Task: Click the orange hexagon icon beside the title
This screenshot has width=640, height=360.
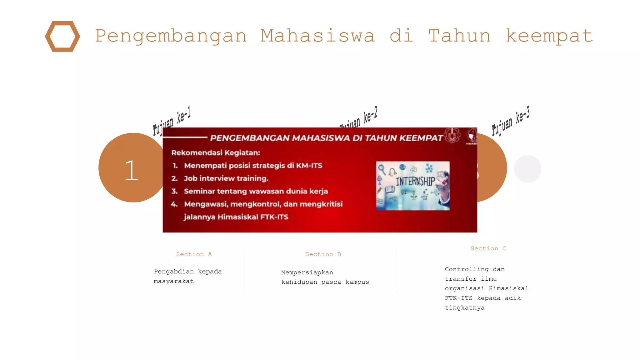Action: [62, 36]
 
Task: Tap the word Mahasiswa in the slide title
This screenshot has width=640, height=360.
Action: [317, 36]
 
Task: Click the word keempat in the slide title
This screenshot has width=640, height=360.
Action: [549, 36]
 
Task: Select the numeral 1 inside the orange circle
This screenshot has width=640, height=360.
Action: [132, 171]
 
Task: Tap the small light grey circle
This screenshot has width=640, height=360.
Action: [527, 169]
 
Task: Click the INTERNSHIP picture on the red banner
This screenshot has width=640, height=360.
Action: [413, 186]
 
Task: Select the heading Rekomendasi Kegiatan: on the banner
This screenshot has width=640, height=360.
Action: [216, 153]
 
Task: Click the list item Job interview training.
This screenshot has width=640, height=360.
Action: [226, 178]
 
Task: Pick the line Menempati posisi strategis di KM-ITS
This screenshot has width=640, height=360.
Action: [253, 166]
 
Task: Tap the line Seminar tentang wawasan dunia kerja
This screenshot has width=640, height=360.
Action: [256, 191]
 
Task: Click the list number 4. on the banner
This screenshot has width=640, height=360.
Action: [174, 204]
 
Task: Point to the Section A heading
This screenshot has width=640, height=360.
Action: [194, 254]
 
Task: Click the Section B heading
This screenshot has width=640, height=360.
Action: [323, 254]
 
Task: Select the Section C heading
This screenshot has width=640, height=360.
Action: [488, 249]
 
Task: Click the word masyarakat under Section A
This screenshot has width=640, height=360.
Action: [174, 281]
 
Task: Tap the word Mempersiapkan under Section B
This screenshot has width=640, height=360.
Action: [307, 272]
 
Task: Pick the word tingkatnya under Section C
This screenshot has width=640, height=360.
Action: [465, 308]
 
